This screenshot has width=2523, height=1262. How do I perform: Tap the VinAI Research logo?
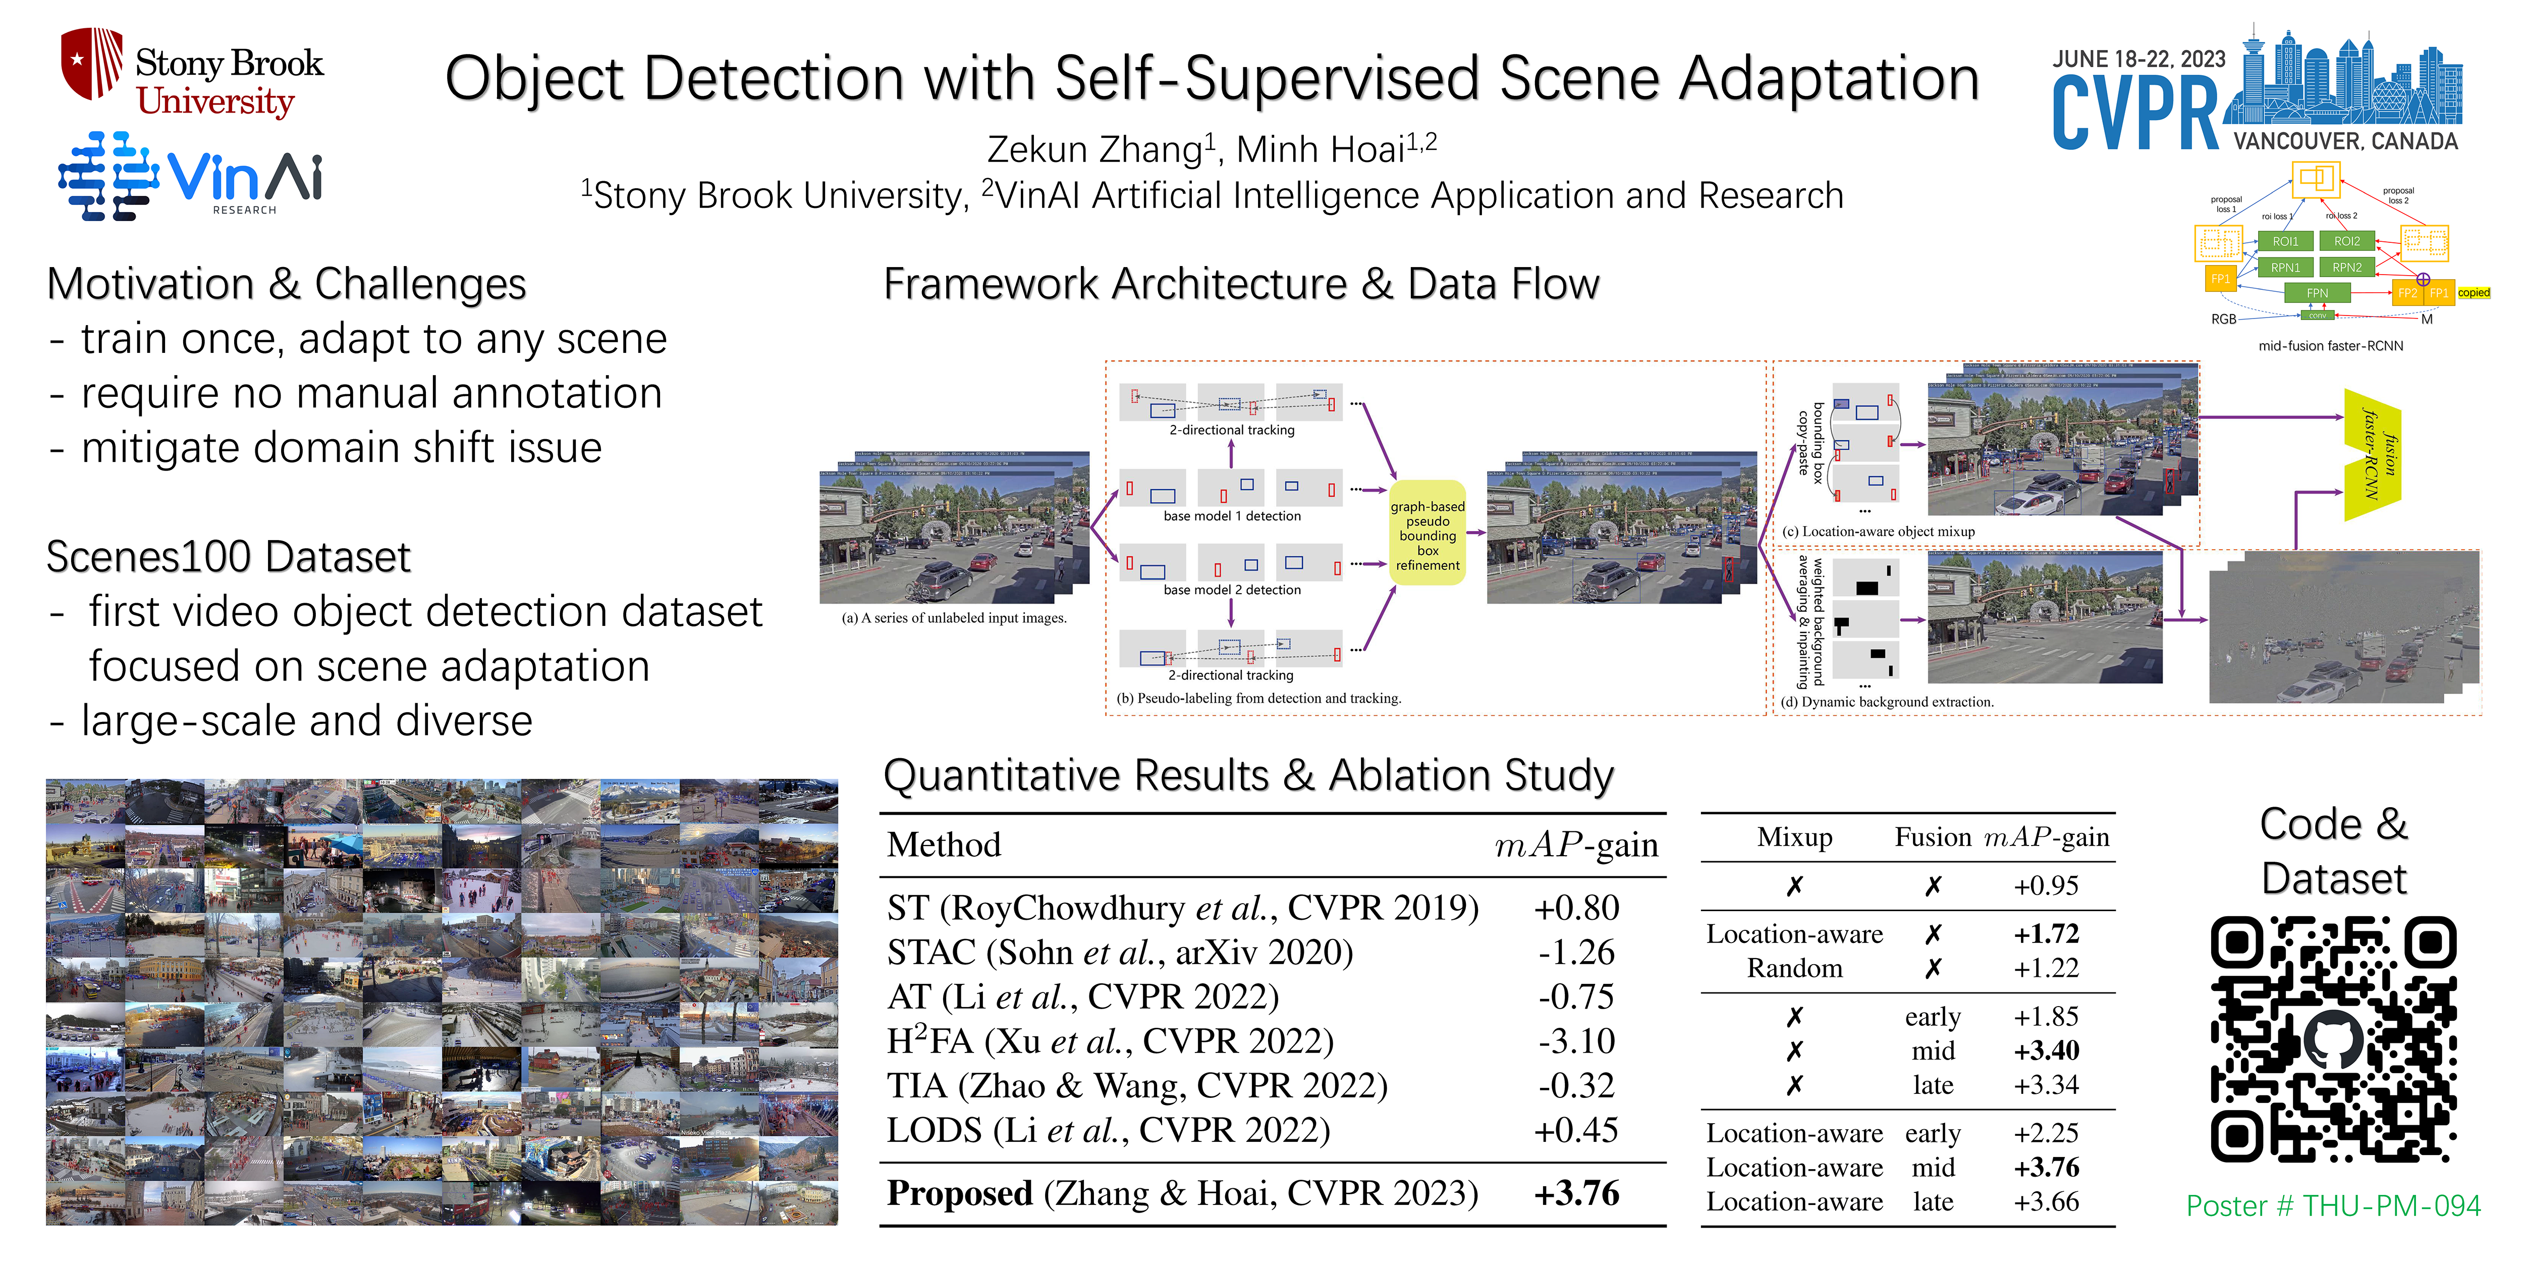(191, 176)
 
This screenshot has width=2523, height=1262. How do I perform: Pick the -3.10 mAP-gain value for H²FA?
(1576, 1040)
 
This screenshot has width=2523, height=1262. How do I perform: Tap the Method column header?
(943, 845)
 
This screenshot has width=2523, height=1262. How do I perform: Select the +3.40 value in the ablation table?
(2046, 1050)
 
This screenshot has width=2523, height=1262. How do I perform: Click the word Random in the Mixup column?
(1794, 968)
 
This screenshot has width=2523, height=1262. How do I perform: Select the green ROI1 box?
(2285, 241)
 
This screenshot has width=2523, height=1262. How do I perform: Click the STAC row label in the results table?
(1120, 953)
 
